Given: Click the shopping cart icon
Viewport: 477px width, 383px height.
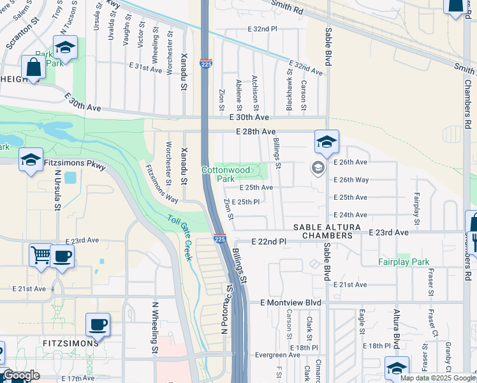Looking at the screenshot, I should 40,255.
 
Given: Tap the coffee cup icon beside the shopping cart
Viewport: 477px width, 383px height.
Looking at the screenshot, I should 62,255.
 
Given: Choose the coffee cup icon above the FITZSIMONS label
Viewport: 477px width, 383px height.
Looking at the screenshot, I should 98,324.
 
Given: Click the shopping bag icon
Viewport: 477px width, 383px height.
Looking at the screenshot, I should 31,66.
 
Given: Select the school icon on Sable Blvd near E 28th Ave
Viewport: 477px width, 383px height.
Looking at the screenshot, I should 327,142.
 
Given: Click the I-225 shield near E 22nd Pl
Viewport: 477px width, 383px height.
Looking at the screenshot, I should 219,238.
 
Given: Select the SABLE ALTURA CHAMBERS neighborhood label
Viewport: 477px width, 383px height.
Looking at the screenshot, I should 323,231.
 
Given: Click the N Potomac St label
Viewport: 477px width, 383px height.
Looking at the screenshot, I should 226,309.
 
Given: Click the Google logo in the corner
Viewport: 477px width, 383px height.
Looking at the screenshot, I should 20,375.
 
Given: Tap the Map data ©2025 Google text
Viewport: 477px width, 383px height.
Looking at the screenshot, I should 437,378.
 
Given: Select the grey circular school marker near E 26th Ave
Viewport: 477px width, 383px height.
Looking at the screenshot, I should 317,168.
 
